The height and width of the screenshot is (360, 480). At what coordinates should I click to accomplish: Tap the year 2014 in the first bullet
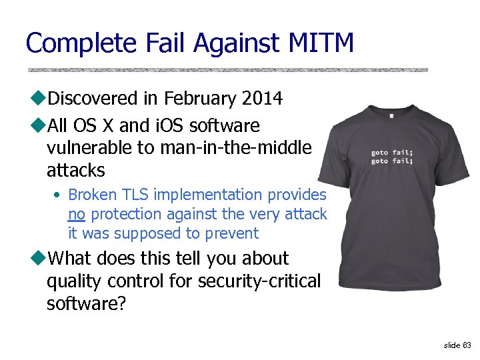coord(262,99)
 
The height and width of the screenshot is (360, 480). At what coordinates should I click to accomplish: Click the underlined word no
coord(76,214)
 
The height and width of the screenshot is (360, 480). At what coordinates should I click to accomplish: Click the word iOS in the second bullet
coord(167,125)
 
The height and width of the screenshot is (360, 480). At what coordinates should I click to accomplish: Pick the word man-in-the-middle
coord(235,147)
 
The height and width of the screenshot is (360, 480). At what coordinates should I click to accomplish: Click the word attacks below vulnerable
coord(75,170)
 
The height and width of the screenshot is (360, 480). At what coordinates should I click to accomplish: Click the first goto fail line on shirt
coord(392,153)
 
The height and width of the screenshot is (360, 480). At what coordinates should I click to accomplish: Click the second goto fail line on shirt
coord(392,161)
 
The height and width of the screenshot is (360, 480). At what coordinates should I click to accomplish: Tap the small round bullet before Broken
coord(59,195)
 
